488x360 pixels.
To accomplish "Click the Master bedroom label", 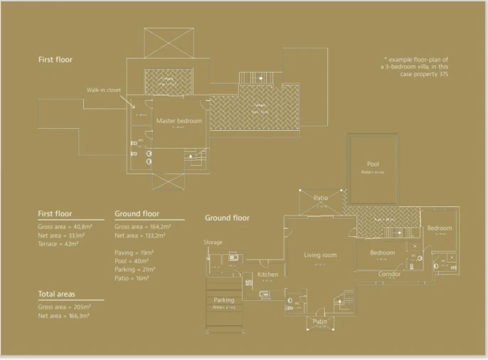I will (179, 121).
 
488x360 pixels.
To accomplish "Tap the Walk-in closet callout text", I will (103, 90).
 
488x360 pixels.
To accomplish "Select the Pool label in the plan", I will (373, 164).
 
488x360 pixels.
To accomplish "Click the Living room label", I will (319, 255).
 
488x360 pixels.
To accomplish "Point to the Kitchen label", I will (267, 275).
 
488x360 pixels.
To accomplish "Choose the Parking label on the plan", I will (223, 300).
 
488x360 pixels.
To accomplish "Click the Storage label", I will (213, 242).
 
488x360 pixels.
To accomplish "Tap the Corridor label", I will (389, 275).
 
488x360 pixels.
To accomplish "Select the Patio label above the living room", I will (320, 198).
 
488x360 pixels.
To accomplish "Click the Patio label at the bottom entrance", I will (320, 322).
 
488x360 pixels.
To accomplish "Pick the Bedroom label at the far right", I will (440, 228).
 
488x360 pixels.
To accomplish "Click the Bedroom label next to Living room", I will (382, 253).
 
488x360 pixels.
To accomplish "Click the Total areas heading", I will (58, 294).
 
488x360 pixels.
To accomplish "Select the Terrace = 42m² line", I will (58, 244).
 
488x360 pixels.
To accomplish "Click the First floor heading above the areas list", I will (55, 213).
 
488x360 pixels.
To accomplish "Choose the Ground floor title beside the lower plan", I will (227, 218).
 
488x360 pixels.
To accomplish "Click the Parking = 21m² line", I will (135, 270).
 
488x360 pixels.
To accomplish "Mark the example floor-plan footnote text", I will (415, 67).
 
